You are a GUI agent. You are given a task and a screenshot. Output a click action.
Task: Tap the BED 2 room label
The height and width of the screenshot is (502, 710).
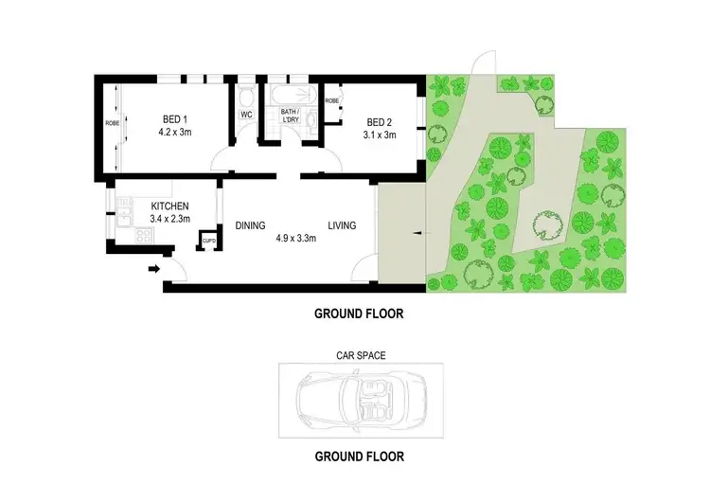(381, 121)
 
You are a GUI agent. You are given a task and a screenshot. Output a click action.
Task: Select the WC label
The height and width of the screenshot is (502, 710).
(246, 115)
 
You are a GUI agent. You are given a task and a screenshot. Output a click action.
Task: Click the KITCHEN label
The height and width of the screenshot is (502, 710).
(170, 206)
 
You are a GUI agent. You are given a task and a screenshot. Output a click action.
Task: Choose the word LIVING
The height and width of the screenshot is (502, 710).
(342, 224)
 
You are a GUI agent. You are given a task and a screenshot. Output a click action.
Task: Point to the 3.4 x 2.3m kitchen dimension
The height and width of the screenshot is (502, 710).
(170, 219)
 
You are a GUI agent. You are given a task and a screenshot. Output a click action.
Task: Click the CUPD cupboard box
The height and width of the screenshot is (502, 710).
(208, 241)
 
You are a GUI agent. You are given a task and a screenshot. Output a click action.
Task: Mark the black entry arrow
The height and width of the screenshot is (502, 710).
(154, 269)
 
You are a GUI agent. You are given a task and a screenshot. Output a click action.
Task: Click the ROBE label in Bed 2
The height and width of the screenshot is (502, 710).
(332, 100)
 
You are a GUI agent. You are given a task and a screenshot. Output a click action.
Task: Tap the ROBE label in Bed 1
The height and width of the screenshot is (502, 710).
(111, 122)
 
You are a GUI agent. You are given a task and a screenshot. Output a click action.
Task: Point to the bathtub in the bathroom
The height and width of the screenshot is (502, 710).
(294, 96)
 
